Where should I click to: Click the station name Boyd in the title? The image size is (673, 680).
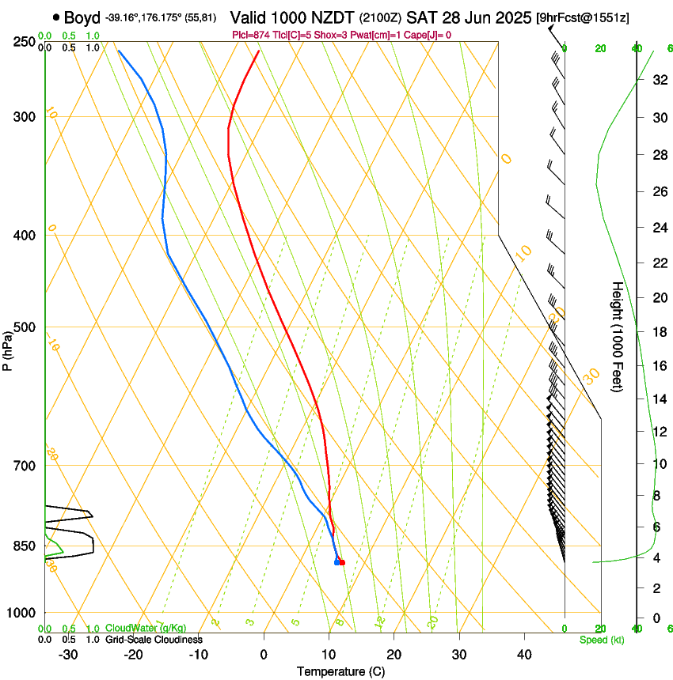coord(82,17)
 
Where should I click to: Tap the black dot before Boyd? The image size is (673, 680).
coord(56,17)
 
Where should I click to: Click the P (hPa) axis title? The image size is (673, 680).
coord(7,349)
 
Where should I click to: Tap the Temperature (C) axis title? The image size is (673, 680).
coord(340,671)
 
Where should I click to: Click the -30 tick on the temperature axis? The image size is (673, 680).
coord(67,655)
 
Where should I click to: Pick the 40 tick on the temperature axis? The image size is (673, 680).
coord(524,655)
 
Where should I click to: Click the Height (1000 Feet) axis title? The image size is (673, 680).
coord(618,337)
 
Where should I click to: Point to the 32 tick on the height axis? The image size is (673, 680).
coord(658,80)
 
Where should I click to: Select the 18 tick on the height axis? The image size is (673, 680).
coord(658,332)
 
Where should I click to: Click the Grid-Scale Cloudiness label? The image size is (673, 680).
coord(154,639)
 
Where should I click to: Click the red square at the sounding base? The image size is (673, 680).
coord(342,562)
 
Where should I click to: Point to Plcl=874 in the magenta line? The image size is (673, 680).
coord(253,35)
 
